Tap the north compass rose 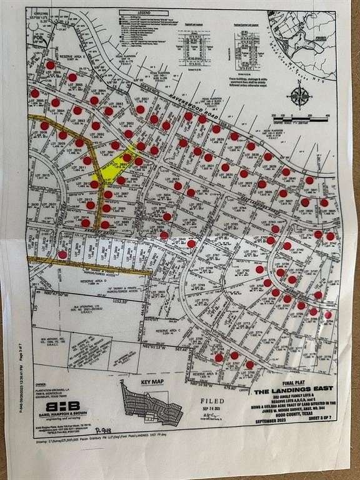click(x=299, y=96)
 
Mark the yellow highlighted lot click(x=116, y=164)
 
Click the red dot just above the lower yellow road click(x=62, y=254)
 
